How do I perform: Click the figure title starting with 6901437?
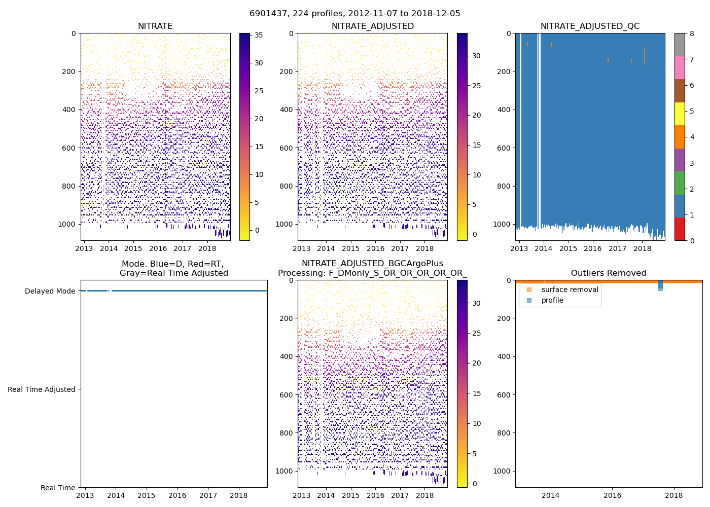[355, 14]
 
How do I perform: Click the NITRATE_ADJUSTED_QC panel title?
[590, 26]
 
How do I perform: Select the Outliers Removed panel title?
[609, 273]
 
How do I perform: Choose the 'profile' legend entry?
[552, 300]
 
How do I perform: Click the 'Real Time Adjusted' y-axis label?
[41, 389]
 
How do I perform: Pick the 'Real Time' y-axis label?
[58, 488]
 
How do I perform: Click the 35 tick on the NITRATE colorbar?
[259, 35]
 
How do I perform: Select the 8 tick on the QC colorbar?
[692, 33]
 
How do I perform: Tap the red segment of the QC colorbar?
[680, 229]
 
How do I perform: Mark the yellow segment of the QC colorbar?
[680, 114]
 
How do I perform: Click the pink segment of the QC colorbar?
[680, 67]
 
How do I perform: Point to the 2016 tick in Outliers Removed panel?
[612, 495]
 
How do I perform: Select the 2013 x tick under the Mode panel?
[85, 495]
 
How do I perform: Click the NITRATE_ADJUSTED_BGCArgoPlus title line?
[372, 264]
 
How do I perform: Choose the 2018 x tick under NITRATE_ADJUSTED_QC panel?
[642, 248]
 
